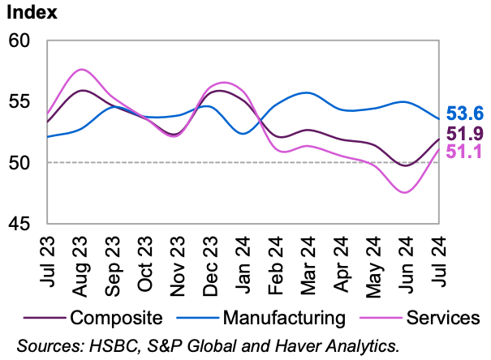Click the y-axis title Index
(32, 13)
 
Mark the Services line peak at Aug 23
(81, 70)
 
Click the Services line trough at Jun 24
(406, 192)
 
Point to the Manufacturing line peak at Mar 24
(307, 92)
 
